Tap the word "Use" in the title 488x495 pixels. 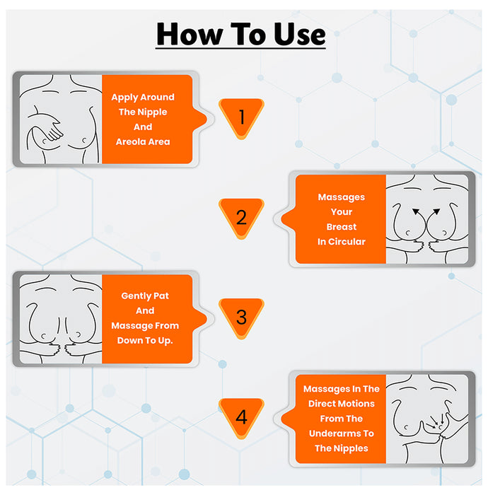[x=296, y=33]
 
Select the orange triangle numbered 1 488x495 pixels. [x=241, y=117]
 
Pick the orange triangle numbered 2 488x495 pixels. [x=241, y=217]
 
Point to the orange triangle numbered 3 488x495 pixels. [x=241, y=317]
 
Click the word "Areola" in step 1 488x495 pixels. [x=131, y=141]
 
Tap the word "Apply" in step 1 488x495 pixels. [x=124, y=97]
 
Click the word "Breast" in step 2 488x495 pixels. [x=342, y=227]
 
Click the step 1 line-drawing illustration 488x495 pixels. [x=60, y=120]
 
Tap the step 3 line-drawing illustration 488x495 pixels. [x=60, y=319]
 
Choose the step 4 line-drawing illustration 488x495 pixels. [x=428, y=417]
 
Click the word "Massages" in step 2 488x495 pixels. [x=342, y=197]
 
